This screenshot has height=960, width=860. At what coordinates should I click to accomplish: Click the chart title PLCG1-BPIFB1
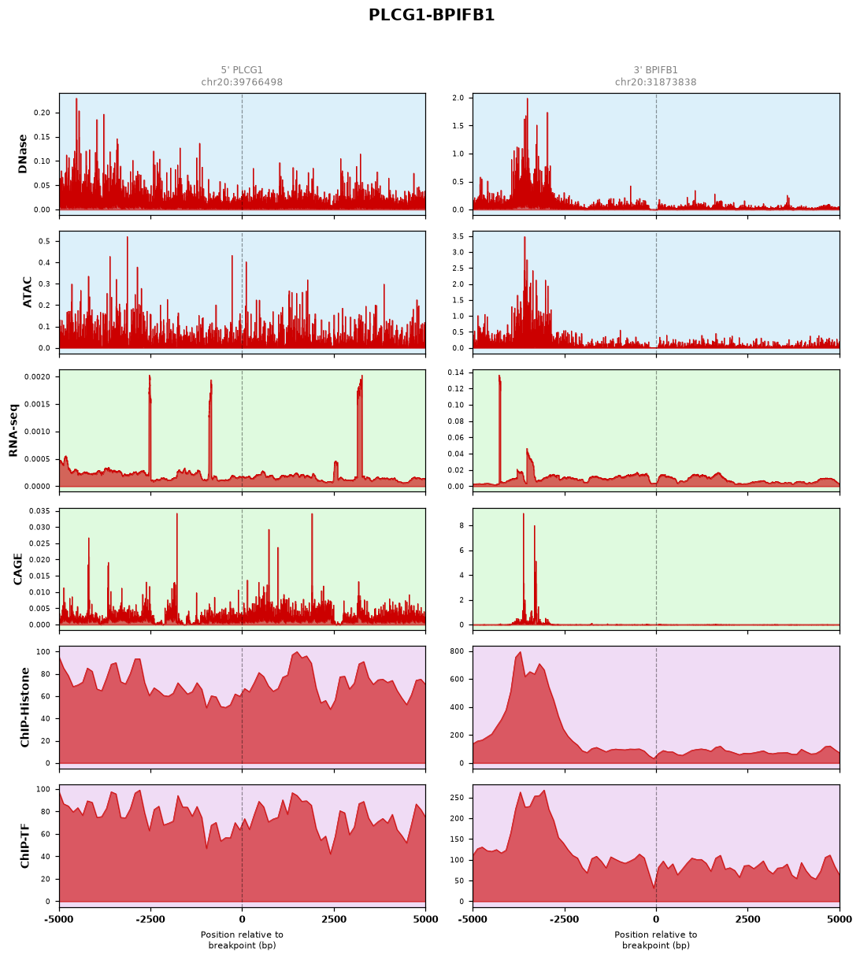[432, 15]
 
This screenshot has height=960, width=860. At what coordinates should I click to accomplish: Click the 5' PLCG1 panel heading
[242, 70]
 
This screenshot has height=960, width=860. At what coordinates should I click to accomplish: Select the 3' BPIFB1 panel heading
[655, 70]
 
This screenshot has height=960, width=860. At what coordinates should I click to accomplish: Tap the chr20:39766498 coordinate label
[242, 82]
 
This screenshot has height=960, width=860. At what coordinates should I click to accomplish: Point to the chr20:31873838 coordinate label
[655, 82]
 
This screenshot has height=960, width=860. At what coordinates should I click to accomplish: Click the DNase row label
[22, 154]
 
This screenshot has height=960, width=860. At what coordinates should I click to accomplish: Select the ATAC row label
[28, 292]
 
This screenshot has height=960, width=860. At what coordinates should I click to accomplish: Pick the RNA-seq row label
[13, 430]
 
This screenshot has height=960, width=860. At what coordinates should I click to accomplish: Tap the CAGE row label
[17, 569]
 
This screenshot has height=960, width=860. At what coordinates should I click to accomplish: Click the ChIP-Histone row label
[24, 707]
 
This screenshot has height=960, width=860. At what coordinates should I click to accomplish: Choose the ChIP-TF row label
[24, 845]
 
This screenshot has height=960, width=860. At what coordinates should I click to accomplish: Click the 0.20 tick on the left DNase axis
[42, 113]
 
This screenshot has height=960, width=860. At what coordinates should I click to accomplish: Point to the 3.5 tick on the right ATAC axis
[458, 236]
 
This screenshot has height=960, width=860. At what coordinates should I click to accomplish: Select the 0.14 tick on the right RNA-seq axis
[456, 373]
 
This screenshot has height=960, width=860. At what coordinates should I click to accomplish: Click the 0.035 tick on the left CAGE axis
[40, 511]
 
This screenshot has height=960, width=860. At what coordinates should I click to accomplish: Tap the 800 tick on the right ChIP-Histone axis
[458, 651]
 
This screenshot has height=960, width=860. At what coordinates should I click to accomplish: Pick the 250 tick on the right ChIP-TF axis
[458, 798]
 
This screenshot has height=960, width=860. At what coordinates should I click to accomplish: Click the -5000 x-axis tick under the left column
[59, 920]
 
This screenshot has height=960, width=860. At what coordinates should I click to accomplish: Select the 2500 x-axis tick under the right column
[747, 920]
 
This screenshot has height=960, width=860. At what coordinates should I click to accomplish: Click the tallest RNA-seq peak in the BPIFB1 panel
[499, 376]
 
